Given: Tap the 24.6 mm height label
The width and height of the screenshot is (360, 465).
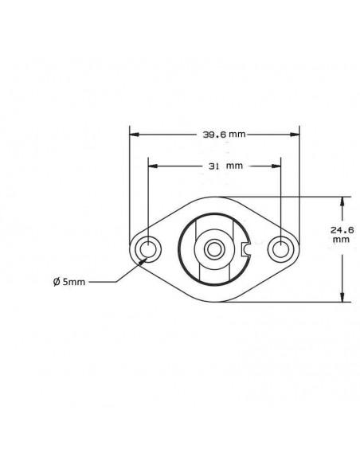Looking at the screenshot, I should coord(340,233).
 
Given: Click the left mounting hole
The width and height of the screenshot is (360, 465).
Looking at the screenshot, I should coord(147,250).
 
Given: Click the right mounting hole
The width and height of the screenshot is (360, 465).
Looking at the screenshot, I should coord(280,250).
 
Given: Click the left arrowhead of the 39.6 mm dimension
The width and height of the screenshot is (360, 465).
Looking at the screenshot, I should coord(134,134).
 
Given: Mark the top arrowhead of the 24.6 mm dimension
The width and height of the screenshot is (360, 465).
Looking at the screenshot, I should coord(342,201).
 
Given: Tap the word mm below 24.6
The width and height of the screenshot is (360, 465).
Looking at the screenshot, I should coord(340,239).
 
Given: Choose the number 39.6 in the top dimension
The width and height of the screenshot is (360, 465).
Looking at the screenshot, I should coord(210,134).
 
